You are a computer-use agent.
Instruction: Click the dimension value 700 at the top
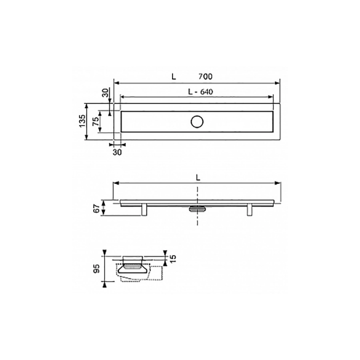(206, 76)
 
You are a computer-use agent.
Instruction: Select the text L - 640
(200, 92)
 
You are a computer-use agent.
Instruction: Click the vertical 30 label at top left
(105, 93)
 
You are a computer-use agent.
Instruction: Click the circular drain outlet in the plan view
(197, 122)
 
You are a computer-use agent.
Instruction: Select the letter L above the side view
(198, 178)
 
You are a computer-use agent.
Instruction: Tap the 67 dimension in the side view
(96, 208)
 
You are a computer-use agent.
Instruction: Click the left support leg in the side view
(144, 210)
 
